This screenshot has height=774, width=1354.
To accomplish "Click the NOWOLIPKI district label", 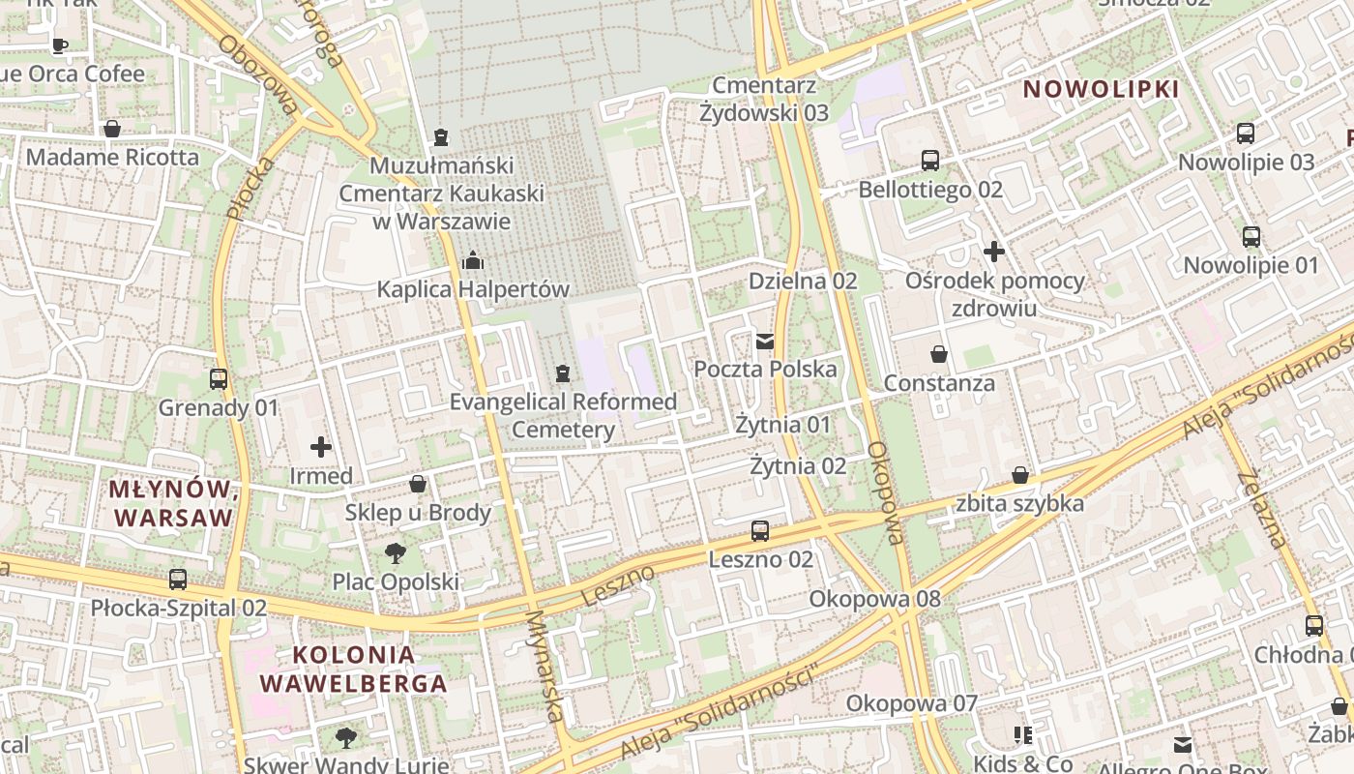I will [1101, 90].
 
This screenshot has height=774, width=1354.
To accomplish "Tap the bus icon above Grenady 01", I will [219, 379].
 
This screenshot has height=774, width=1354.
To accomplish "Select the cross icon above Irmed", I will [321, 447].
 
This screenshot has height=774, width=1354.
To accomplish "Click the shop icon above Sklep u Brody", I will [418, 484].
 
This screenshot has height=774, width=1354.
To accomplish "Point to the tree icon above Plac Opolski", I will [395, 553].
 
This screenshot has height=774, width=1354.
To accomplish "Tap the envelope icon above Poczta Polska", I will [765, 341].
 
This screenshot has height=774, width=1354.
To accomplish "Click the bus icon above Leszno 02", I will [760, 531].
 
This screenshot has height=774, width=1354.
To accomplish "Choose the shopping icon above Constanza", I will [938, 354].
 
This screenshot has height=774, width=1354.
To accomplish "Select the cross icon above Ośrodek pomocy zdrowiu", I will [994, 253].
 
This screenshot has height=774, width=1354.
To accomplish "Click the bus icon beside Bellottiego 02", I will [930, 161].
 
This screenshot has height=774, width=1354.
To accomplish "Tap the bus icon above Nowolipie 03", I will [1246, 134].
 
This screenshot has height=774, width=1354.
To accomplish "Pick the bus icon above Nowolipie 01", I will [1251, 236].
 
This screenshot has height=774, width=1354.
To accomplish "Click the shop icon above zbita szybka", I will [1019, 475].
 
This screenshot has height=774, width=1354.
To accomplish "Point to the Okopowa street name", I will [885, 493].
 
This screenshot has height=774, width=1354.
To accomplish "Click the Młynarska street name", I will [545, 665].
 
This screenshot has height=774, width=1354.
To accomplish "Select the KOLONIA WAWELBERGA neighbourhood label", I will [353, 669].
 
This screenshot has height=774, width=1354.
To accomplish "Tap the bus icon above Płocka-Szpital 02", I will [178, 580].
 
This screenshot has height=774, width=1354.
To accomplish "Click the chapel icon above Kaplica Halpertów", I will [473, 260].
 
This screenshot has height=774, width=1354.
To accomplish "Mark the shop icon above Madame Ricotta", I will [112, 129].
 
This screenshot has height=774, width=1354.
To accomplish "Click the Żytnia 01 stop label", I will [782, 425].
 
